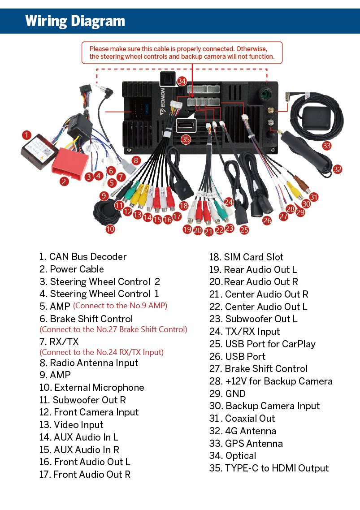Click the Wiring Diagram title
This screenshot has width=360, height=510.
[75, 21]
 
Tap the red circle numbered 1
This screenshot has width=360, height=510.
[27, 135]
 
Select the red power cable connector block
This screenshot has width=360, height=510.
[70, 163]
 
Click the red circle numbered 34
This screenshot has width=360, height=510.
[182, 81]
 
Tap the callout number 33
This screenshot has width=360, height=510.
[326, 145]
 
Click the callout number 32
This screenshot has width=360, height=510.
[337, 169]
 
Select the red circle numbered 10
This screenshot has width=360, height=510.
[110, 229]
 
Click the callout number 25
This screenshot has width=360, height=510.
[244, 230]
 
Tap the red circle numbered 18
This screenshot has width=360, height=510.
[183, 206]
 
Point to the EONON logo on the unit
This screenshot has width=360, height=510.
[162, 101]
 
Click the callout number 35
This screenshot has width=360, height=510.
[186, 139]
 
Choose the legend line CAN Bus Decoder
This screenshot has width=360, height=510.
[82, 257]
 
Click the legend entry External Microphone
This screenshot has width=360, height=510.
[91, 387]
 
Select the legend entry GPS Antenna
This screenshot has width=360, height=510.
[246, 443]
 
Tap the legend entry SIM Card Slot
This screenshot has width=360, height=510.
[246, 257]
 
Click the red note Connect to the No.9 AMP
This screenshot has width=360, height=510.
[120, 306]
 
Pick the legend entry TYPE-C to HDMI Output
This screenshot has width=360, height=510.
[269, 468]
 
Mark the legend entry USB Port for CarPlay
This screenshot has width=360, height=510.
[262, 344]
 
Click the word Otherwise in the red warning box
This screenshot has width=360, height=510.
[252, 49]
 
